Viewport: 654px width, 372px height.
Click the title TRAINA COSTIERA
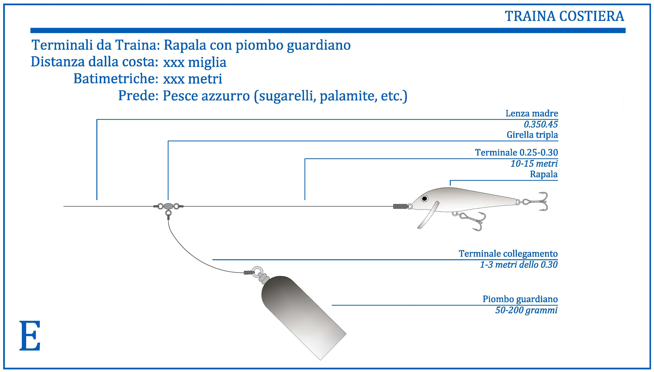(564, 16)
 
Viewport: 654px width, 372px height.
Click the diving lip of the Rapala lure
(429, 215)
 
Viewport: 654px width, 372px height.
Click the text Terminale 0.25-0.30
(516, 152)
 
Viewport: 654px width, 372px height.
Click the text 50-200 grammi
(526, 310)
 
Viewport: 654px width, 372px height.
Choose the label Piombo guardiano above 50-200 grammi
(520, 299)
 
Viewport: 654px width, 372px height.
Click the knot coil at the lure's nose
(400, 206)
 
